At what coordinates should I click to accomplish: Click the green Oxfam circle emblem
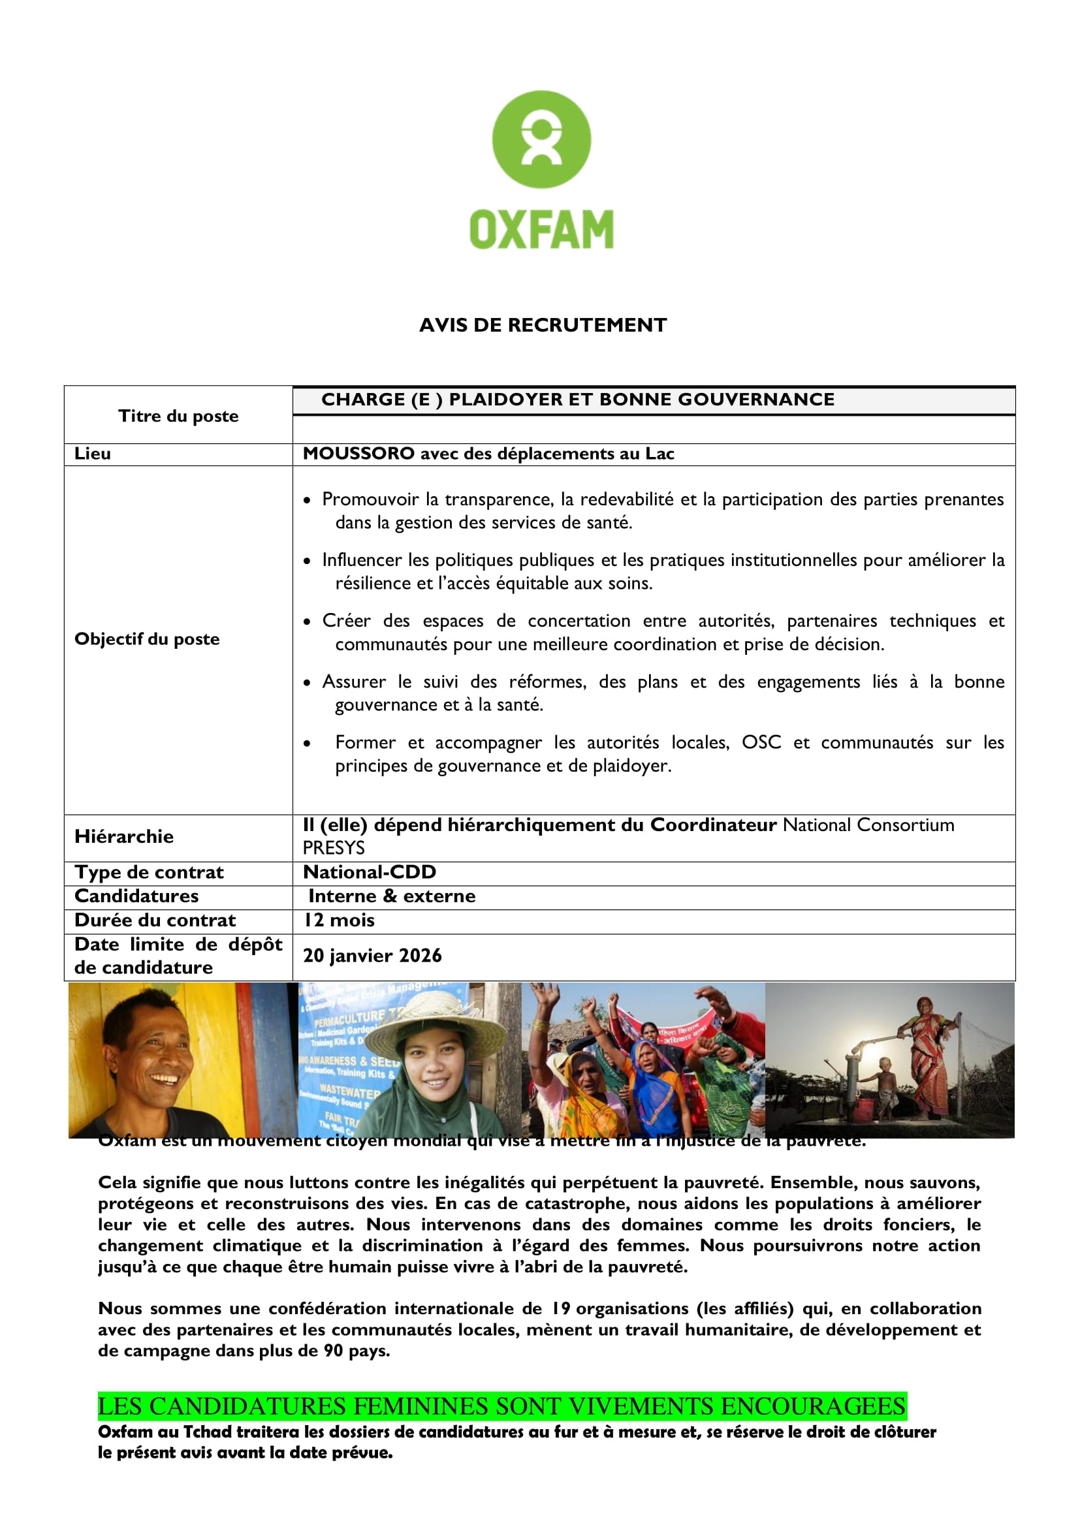(x=541, y=140)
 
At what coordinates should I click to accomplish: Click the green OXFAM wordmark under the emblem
(x=541, y=230)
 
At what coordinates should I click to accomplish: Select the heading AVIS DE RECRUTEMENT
(x=542, y=325)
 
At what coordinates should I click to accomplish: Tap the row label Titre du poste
(x=178, y=417)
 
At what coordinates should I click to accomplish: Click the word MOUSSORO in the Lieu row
(x=358, y=454)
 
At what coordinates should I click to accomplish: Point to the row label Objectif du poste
(x=147, y=639)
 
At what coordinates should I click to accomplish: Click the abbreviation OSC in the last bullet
(x=761, y=742)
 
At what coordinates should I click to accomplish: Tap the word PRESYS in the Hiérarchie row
(x=334, y=848)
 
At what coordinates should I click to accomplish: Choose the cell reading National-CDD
(x=370, y=872)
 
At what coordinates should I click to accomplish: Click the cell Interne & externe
(x=392, y=896)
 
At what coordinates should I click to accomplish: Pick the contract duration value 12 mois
(x=339, y=921)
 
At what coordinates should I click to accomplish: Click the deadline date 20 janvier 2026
(x=372, y=956)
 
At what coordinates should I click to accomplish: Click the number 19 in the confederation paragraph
(x=561, y=1309)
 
